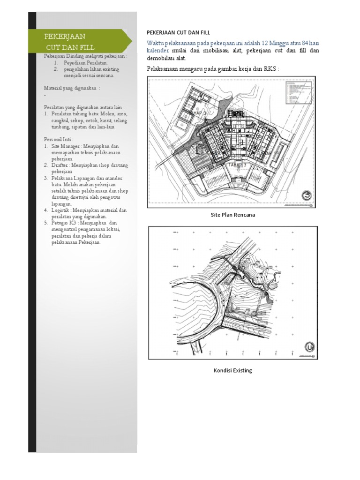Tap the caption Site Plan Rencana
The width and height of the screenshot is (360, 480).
(x=232, y=215)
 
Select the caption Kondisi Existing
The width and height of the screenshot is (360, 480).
(x=232, y=370)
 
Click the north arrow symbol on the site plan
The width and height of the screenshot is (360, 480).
(x=306, y=195)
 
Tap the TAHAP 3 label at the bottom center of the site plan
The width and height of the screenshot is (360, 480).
(x=237, y=165)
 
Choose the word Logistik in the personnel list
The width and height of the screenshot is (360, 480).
(x=61, y=210)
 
